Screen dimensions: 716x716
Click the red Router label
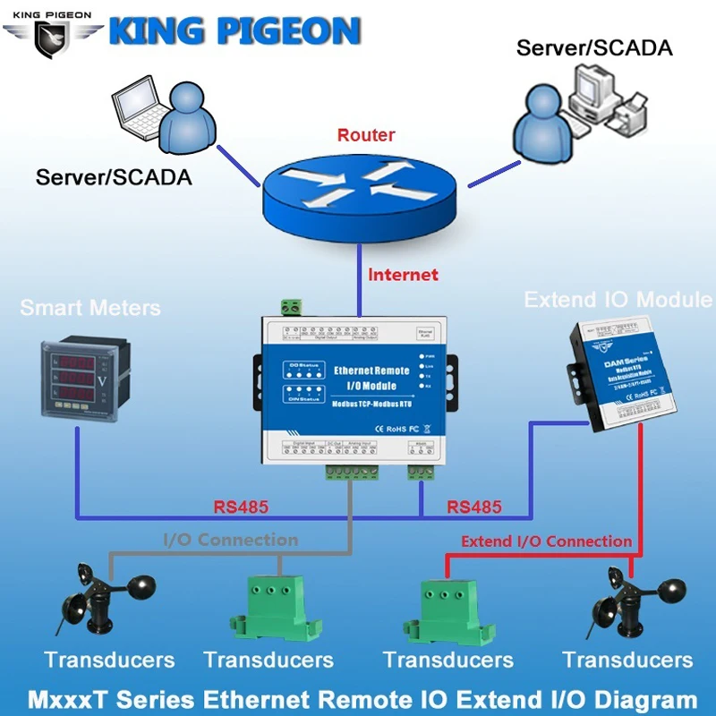click(x=366, y=136)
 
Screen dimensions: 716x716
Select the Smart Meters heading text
click(x=90, y=309)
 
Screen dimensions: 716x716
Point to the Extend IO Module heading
click(x=618, y=299)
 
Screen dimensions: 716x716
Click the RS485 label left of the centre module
click(x=241, y=507)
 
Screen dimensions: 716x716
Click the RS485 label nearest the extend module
click(x=473, y=507)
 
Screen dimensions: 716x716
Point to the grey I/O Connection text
click(x=230, y=540)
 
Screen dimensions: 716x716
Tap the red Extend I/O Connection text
click(x=546, y=541)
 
